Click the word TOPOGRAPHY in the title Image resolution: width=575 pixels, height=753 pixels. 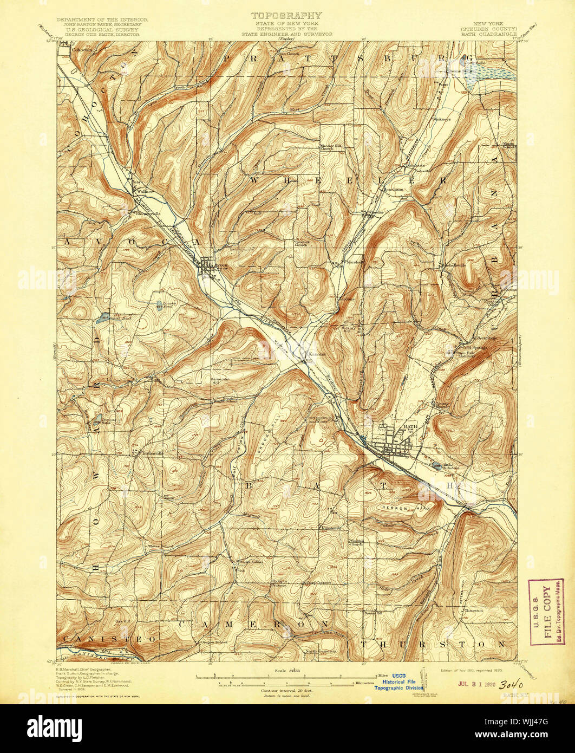(x=287, y=15)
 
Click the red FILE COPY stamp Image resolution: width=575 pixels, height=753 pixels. (x=546, y=612)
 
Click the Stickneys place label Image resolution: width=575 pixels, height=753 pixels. (x=441, y=119)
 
